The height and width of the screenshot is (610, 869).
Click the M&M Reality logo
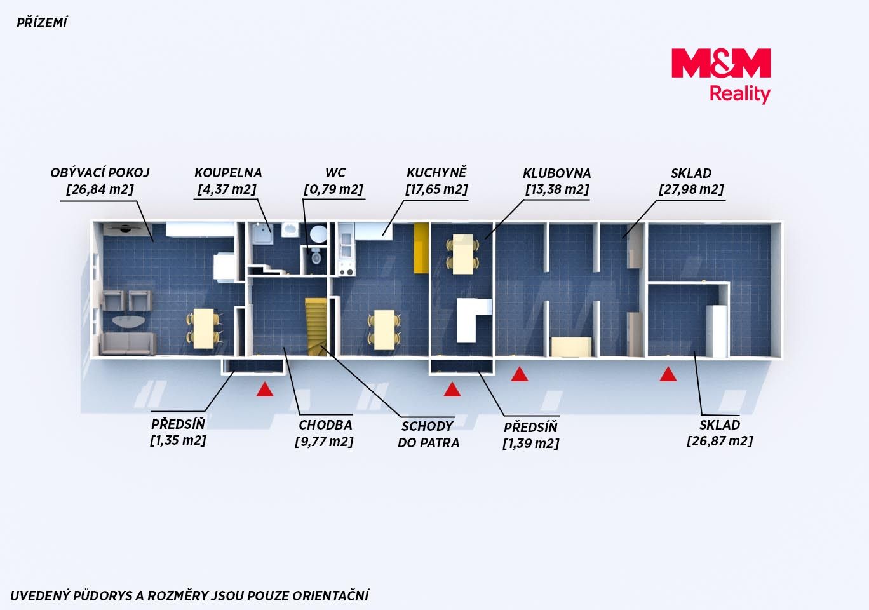coord(721,76)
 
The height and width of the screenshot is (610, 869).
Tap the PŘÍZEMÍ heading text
coord(41,24)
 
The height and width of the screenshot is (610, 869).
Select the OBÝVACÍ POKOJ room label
coord(100,173)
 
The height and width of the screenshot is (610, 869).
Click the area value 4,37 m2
coord(227,189)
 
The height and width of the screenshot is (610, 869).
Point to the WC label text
coord(335,173)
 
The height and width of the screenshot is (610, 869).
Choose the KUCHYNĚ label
coord(436,172)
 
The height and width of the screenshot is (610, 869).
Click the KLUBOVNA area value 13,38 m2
coord(558,189)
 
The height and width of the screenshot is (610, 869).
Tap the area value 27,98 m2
coord(691,189)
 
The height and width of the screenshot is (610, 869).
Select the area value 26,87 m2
coord(720,441)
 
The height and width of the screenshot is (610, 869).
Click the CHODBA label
coord(325,425)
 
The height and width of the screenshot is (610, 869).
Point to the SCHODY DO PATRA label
coord(428,434)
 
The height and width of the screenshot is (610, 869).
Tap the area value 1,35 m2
coord(178,440)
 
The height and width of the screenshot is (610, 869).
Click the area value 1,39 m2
coord(530,443)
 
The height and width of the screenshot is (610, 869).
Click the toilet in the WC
coord(316,256)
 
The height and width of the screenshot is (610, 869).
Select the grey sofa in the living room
coord(128,344)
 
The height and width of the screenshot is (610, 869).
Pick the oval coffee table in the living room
coord(128,322)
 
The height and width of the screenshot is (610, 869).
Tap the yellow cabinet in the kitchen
coord(421,248)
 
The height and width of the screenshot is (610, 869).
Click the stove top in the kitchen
coord(347,269)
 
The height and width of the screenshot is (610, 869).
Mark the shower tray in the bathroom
coord(262,234)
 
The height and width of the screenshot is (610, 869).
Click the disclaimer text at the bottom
coord(189,595)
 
